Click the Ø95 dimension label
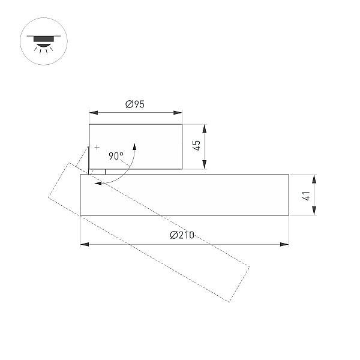click(x=135, y=104)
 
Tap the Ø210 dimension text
click(x=182, y=235)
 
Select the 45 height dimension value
click(x=197, y=145)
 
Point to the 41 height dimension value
click(x=307, y=196)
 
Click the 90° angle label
click(x=116, y=156)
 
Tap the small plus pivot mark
click(x=97, y=147)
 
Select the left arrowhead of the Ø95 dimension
click(x=94, y=113)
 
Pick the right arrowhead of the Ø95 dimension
click(x=178, y=113)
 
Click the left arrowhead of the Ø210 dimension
click(x=84, y=244)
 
